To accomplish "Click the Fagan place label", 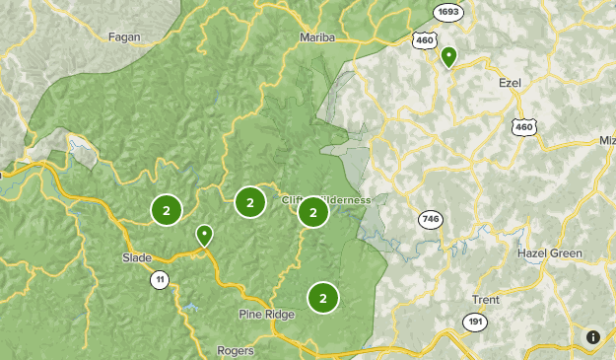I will point(125,36).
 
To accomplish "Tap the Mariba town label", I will point(317,37).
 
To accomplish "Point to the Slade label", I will point(137,257).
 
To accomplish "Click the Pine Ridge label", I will point(265,315).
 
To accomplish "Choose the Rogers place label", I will point(236,350).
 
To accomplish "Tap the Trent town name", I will point(485,300).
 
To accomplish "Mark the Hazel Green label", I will point(550,253).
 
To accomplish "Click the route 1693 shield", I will point(449,12).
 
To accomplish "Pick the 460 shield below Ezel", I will point(523,126).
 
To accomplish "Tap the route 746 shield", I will point(429,220).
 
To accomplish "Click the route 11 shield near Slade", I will point(159,280).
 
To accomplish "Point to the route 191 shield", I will point(474,322).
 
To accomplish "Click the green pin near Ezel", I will point(448,56).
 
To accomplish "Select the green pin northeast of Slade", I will point(204,235).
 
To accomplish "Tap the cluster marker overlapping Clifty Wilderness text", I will point(312,211).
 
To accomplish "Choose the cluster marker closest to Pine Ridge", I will point(322,297).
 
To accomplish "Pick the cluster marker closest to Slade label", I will point(167,209).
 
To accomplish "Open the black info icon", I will point(593,337).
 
